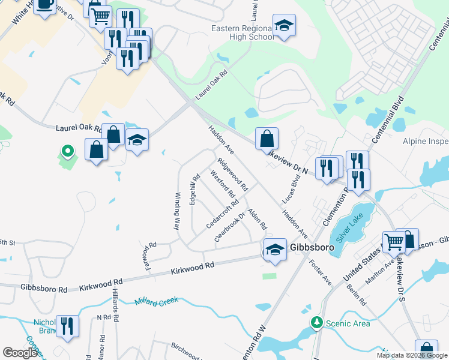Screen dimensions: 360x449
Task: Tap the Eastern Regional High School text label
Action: (x=243, y=32)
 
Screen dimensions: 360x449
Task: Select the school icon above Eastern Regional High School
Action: (x=284, y=26)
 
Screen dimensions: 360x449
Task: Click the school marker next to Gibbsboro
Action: (x=274, y=248)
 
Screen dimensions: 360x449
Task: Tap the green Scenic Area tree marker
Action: (x=316, y=323)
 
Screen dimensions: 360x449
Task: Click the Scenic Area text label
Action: (x=348, y=323)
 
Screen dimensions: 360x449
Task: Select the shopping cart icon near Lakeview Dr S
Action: (x=394, y=242)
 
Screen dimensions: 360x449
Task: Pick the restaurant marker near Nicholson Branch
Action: (x=67, y=326)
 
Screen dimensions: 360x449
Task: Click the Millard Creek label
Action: (x=158, y=301)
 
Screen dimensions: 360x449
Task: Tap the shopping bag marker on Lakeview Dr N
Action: (x=267, y=139)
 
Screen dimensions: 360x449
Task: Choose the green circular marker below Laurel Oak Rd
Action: (x=68, y=151)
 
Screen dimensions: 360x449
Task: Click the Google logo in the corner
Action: (x=20, y=353)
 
